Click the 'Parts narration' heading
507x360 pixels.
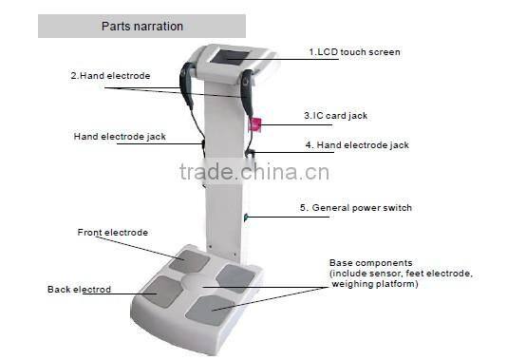click(x=141, y=27)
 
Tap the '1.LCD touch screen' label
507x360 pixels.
click(x=354, y=51)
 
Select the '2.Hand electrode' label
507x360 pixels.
click(x=110, y=74)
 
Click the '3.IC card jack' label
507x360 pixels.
click(x=335, y=116)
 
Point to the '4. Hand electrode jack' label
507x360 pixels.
click(x=357, y=145)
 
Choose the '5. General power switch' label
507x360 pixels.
click(x=356, y=207)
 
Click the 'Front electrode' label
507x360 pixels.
click(x=113, y=232)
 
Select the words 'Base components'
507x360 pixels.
click(x=370, y=261)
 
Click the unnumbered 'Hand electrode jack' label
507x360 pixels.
click(x=120, y=136)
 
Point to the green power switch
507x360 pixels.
click(x=245, y=218)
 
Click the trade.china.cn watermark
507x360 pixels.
click(x=253, y=172)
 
